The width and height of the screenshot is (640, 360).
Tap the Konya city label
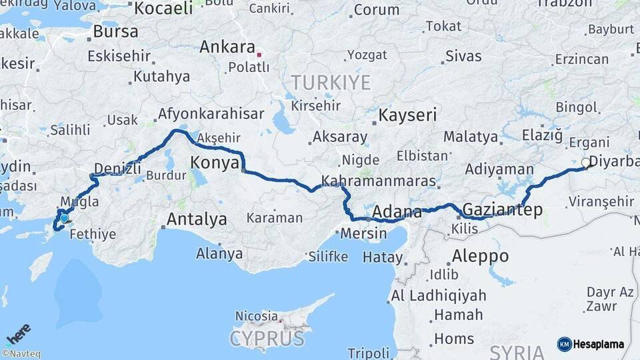click(215, 162)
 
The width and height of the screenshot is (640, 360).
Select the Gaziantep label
click(502, 210)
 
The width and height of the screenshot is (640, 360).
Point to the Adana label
click(397, 213)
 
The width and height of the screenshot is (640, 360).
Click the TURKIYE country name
click(330, 83)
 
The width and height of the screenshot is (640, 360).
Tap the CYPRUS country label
click(267, 338)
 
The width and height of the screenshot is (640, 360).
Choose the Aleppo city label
click(480, 256)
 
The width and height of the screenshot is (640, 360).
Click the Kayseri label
click(407, 115)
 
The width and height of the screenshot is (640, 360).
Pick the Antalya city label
click(197, 219)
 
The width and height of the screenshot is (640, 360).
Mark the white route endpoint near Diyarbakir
click(585, 162)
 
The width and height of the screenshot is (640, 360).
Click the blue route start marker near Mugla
click(64, 218)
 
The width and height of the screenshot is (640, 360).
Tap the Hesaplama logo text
click(597, 344)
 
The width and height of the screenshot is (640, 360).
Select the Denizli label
click(117, 168)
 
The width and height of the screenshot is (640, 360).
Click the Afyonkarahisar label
click(211, 114)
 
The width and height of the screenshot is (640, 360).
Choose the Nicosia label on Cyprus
click(257, 316)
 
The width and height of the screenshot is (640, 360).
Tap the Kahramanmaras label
click(379, 181)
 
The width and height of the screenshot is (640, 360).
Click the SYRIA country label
click(517, 351)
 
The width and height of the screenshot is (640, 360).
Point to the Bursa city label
click(115, 31)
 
